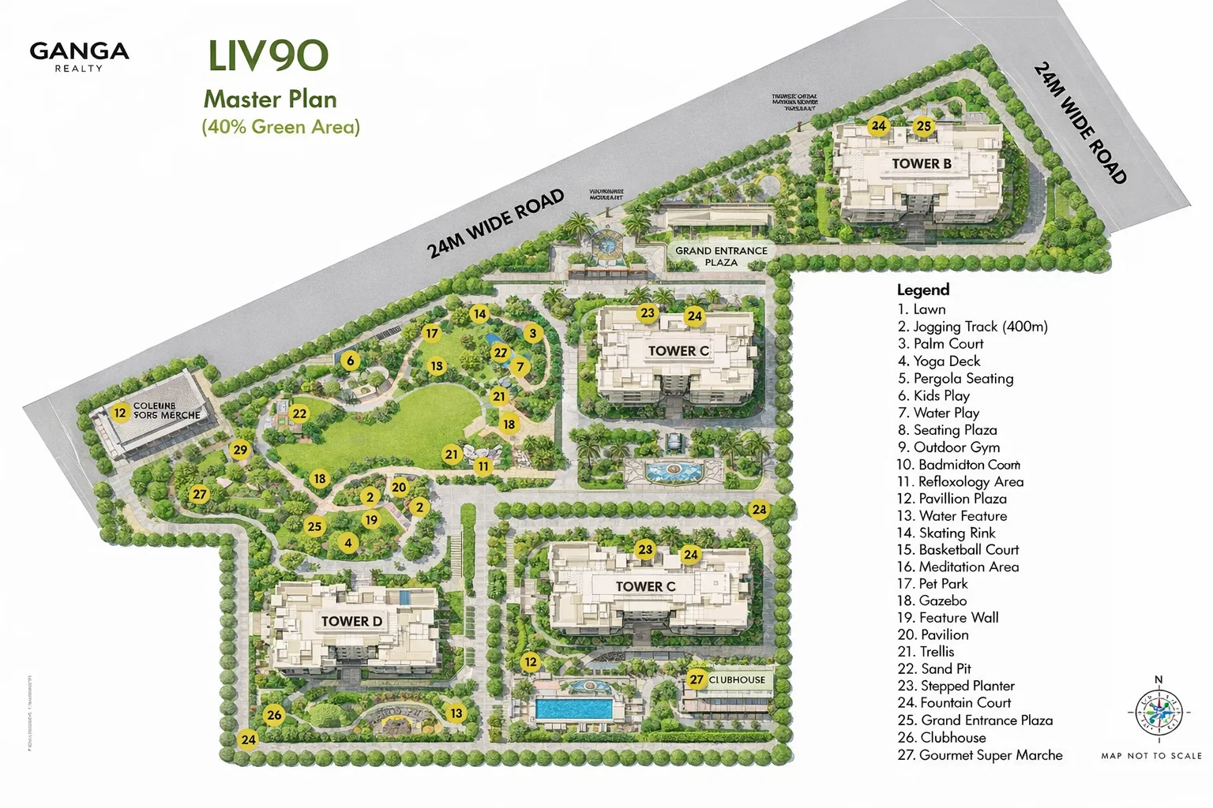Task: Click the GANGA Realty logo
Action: pos(79,55)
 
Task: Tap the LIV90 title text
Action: pos(268,55)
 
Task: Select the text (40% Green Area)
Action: pos(280,126)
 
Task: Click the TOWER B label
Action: pos(921,163)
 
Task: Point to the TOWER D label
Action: pos(351,621)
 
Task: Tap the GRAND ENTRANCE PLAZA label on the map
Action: pos(721,256)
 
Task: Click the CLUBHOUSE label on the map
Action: pos(737,679)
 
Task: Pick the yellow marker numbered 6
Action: pos(351,361)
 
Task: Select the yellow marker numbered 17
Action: pos(431,333)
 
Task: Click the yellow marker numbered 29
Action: pos(240,450)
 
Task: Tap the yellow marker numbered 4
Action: pos(348,543)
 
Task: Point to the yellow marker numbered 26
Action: pos(274,715)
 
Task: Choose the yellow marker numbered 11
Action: pos(483,466)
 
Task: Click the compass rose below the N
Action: pos(1159,712)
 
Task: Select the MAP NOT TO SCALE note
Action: pos(1151,755)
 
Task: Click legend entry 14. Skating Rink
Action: pos(946,533)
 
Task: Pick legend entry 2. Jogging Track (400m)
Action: pos(972,326)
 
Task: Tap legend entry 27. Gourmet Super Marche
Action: pos(979,754)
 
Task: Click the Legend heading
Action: pos(922,290)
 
